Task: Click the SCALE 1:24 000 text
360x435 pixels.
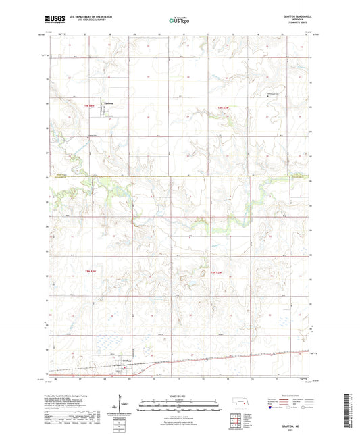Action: (180, 395)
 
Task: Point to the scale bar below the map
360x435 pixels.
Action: (180, 402)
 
